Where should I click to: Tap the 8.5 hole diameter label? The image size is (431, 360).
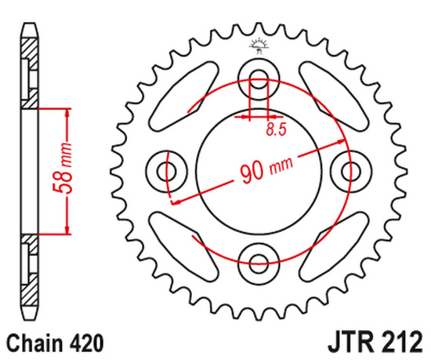[x=274, y=131]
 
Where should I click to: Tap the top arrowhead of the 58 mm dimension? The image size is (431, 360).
[x=67, y=111]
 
